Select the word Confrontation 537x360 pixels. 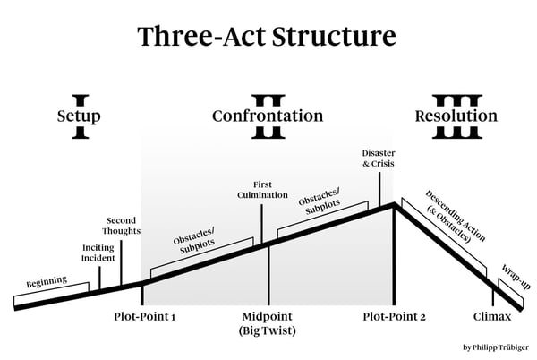(x=267, y=116)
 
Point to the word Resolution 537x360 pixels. (x=456, y=116)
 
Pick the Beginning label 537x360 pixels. (x=47, y=284)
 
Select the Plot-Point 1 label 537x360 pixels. (x=144, y=317)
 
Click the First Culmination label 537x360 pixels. (x=262, y=190)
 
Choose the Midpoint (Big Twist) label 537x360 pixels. (x=268, y=323)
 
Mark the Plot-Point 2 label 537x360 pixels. (x=394, y=317)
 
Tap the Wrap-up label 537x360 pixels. (x=515, y=276)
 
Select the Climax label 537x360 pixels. (x=492, y=317)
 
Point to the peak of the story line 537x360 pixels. (x=394, y=205)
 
